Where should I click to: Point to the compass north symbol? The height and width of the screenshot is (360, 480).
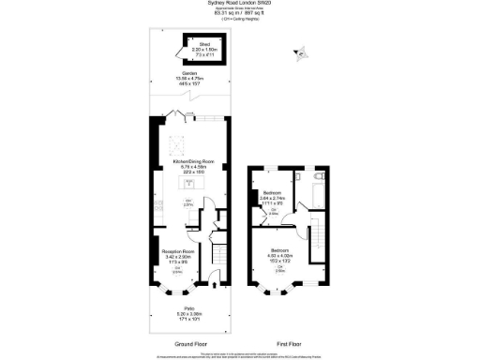301,53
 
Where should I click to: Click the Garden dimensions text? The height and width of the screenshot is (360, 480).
189,82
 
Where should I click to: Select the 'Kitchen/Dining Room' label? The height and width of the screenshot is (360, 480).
188,163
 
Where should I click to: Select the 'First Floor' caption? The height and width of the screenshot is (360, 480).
289,344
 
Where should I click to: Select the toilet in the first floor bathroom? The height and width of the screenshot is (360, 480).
320,176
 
